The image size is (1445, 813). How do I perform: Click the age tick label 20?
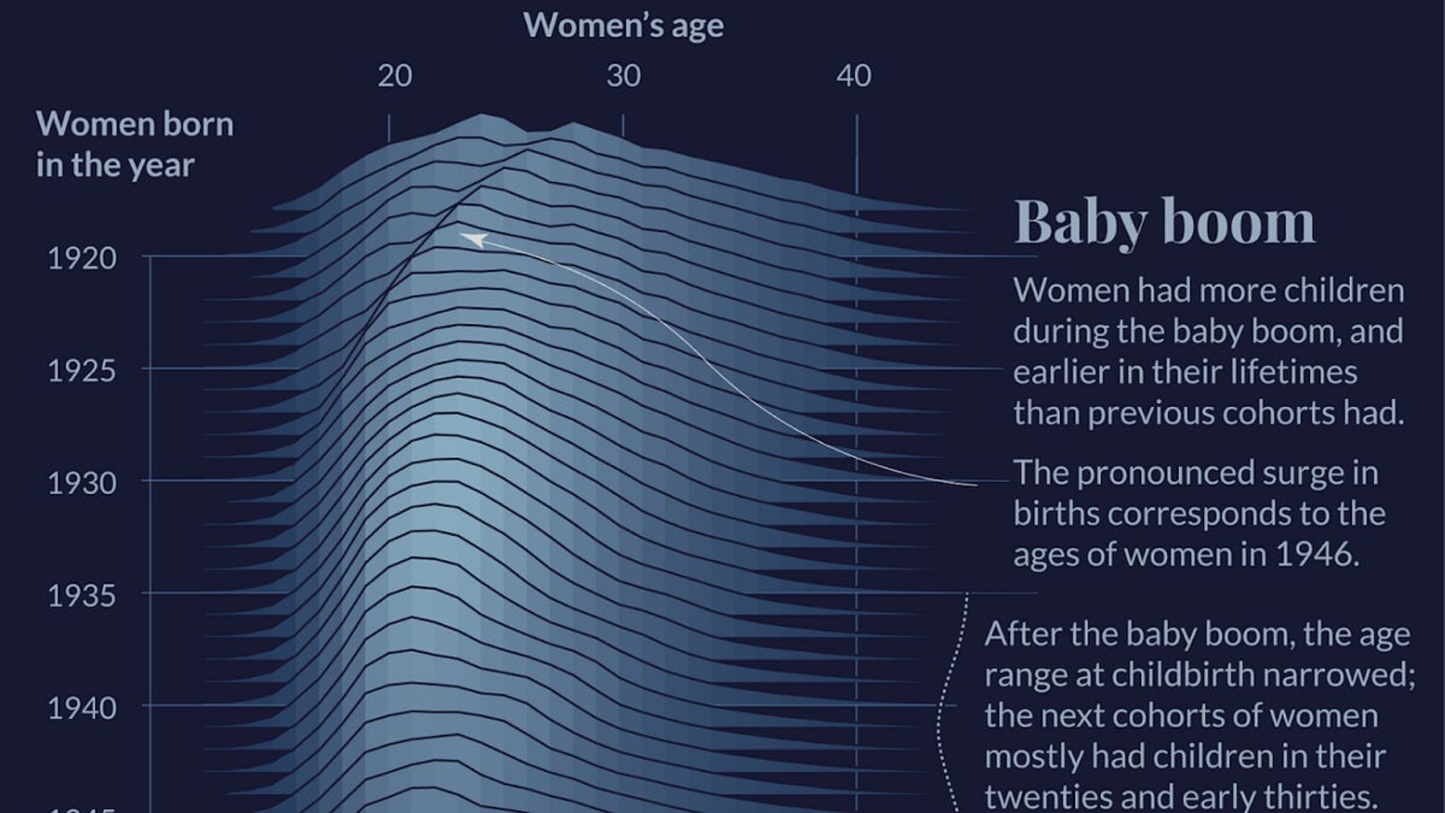click(394, 76)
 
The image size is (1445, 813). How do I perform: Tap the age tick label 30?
click(624, 76)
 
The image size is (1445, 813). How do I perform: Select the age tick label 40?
click(854, 76)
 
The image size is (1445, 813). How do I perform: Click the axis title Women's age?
click(624, 26)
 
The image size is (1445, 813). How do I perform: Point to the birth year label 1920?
click(82, 258)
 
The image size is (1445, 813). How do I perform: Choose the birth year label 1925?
click(82, 371)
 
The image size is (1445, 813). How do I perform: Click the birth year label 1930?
click(82, 483)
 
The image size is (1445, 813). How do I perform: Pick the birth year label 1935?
click(82, 595)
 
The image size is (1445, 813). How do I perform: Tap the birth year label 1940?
click(82, 708)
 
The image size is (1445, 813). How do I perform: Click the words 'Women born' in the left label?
click(135, 124)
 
